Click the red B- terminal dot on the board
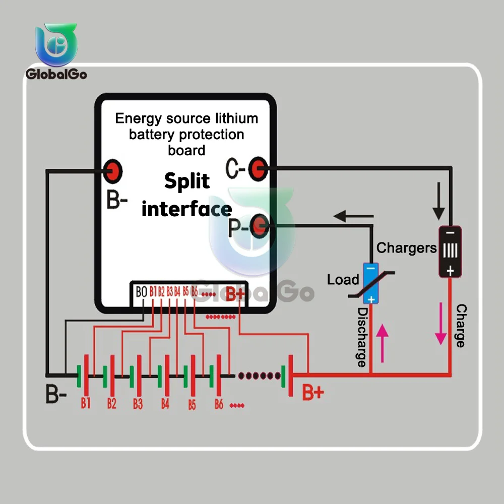[x=113, y=171]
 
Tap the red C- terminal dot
[x=259, y=169]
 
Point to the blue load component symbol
[x=371, y=283]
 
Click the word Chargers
[x=406, y=248]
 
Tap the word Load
[x=343, y=280]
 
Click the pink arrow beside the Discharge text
[x=383, y=343]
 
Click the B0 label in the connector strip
[x=141, y=291]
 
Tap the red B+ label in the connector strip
[x=235, y=293]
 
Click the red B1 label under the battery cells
[x=85, y=403]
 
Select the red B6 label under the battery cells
[x=219, y=404]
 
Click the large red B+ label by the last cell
[x=312, y=392]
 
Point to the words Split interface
[x=186, y=195]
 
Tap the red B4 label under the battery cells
[x=165, y=403]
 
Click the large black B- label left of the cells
[x=56, y=395]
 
